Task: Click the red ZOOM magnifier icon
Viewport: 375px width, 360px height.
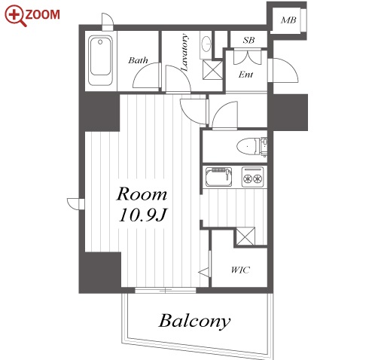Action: [x=16, y=16]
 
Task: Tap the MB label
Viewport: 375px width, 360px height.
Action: [x=288, y=20]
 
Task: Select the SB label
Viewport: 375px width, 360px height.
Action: [x=248, y=40]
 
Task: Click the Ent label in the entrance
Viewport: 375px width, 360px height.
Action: [x=245, y=75]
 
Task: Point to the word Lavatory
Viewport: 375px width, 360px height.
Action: [x=184, y=52]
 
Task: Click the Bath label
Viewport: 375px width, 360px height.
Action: [x=138, y=60]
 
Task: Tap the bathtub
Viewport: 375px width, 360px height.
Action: [x=100, y=60]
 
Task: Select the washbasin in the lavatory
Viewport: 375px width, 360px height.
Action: [x=206, y=44]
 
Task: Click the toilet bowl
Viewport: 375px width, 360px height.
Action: [x=248, y=146]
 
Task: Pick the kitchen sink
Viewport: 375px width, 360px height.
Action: [x=218, y=177]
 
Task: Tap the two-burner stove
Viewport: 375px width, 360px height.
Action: [x=253, y=177]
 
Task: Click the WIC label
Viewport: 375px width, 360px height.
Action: [x=240, y=270]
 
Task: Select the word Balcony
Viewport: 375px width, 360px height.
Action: [x=194, y=322]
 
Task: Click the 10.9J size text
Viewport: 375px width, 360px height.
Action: [x=143, y=215]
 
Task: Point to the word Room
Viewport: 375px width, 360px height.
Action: [x=142, y=194]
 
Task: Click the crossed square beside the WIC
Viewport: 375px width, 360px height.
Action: [x=245, y=236]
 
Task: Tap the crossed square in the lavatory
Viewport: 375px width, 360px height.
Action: [x=212, y=70]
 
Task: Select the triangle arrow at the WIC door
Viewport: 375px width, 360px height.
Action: [x=204, y=272]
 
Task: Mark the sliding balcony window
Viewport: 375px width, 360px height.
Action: [x=166, y=291]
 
